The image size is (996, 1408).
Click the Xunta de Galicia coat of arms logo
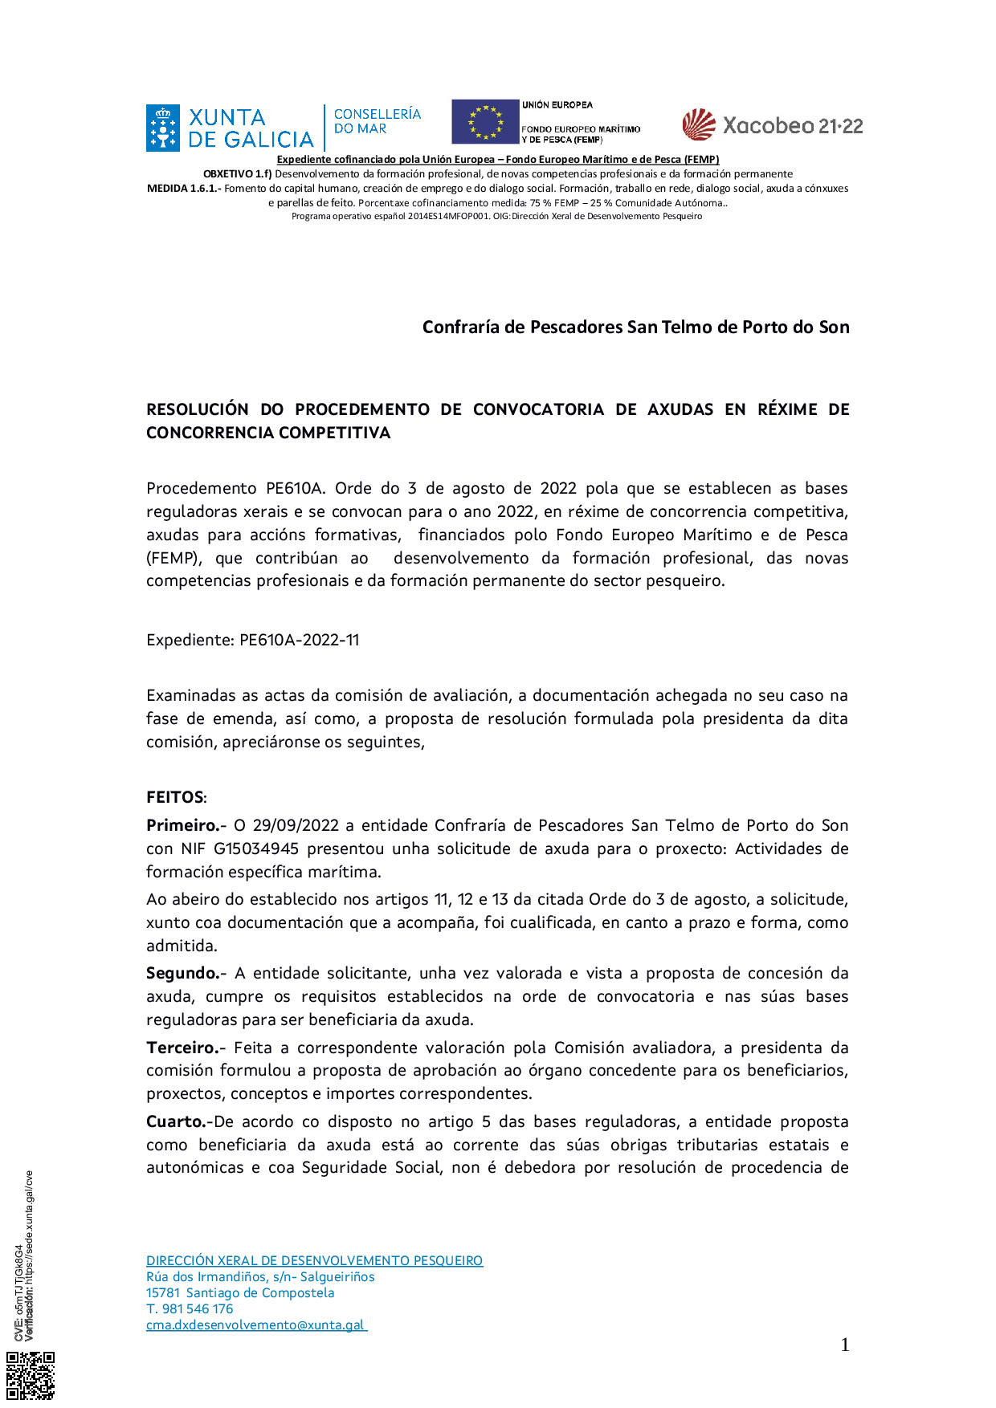tap(163, 128)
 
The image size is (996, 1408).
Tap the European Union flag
tap(485, 122)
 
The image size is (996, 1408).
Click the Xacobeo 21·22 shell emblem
tap(699, 124)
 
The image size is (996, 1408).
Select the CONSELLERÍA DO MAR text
tap(377, 121)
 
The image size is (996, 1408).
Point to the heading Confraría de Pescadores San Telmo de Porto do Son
tap(635, 327)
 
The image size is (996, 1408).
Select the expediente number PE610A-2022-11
tap(299, 640)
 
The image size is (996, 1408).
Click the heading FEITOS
tap(176, 797)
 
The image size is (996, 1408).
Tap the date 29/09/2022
tap(296, 825)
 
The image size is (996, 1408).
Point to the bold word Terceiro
tap(184, 1048)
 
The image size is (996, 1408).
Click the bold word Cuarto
tap(178, 1121)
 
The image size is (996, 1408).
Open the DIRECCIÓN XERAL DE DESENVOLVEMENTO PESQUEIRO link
tap(314, 1260)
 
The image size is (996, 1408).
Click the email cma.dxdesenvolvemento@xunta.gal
tap(255, 1325)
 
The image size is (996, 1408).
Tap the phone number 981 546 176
tap(198, 1308)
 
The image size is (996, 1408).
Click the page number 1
tap(844, 1345)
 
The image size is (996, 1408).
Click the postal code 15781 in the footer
tap(163, 1292)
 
